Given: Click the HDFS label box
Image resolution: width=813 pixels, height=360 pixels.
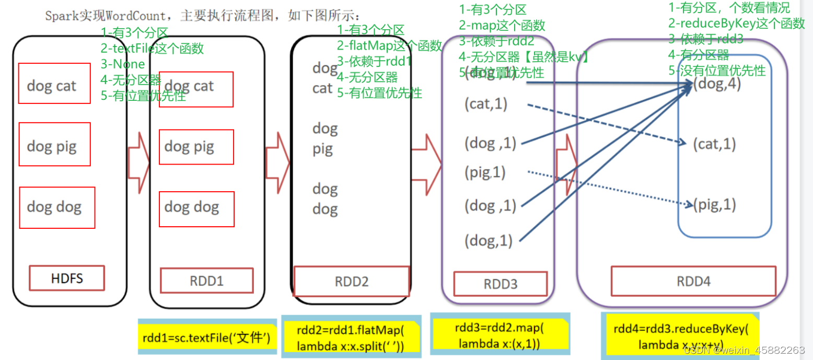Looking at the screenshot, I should (67, 278).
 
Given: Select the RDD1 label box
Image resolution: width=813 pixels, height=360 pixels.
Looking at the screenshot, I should (206, 281).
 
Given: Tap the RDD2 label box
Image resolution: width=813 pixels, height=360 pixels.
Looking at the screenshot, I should (352, 281).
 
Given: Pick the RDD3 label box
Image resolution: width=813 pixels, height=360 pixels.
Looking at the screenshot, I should (500, 284).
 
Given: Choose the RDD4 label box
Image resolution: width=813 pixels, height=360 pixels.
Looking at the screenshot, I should (693, 281).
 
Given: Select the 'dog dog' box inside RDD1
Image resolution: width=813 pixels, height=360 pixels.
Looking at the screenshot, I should (196, 208).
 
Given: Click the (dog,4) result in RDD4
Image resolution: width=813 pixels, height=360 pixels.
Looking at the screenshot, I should (717, 84).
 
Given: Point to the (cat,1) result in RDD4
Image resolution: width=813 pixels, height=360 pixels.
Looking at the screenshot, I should (714, 144).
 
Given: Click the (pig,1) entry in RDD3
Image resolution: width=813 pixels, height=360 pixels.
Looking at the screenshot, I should (485, 172).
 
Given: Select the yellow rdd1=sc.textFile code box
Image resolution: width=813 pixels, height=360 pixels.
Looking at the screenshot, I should (207, 337).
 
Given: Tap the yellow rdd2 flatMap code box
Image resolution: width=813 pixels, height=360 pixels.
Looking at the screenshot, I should (351, 337).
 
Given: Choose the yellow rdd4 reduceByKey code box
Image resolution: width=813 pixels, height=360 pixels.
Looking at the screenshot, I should (680, 336).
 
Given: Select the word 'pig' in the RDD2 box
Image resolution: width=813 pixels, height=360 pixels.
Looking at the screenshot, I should (322, 150).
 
